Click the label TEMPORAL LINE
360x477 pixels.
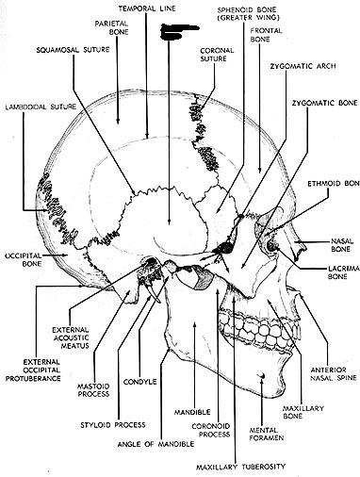[x=147, y=8]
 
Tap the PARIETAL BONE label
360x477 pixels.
[x=111, y=27]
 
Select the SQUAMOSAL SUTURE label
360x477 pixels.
[x=73, y=50]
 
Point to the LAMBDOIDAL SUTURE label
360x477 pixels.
[x=41, y=107]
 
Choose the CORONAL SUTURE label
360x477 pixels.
[x=217, y=55]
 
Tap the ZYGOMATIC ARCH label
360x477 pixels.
[x=303, y=66]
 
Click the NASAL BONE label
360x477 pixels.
[x=342, y=245]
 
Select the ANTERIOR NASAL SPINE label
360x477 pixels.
[x=334, y=373]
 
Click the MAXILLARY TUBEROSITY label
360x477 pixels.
[x=240, y=467]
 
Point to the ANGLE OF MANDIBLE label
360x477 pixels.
[x=155, y=444]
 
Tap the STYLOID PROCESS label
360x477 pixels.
[x=113, y=425]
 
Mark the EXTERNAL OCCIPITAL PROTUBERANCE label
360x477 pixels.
[x=33, y=370]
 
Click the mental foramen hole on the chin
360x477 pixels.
[x=262, y=375]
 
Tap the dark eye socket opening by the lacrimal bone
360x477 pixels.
[x=272, y=245]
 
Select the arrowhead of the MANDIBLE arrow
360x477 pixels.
[x=195, y=324]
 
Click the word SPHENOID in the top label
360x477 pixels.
[x=232, y=9]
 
